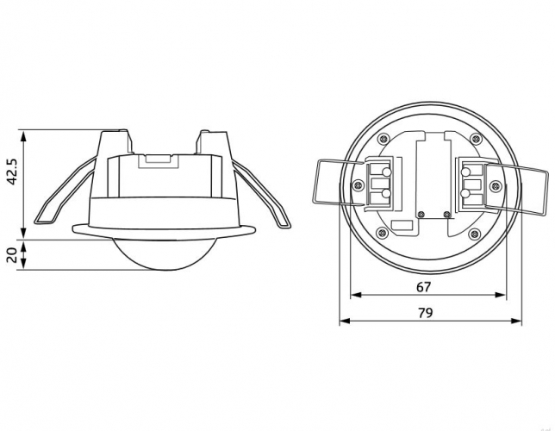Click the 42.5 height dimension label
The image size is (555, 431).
tap(12, 172)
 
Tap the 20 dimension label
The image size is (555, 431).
tap(12, 255)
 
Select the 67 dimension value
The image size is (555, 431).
tap(424, 287)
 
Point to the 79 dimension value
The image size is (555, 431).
tap(426, 313)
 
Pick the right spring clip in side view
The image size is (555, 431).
tap(261, 193)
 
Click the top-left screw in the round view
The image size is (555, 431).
tap(383, 139)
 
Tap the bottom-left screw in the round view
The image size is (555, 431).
tap(383, 233)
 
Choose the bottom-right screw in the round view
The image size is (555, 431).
tap(474, 234)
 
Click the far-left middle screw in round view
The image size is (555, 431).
tap(359, 185)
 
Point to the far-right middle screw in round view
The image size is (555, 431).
tap(496, 185)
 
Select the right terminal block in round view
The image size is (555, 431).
tap(474, 184)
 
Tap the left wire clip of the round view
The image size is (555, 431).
tap(339, 182)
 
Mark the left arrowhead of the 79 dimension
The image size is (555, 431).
tap(345, 321)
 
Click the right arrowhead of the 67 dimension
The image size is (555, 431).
tap(501, 295)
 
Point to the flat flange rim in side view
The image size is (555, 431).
tap(164, 231)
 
